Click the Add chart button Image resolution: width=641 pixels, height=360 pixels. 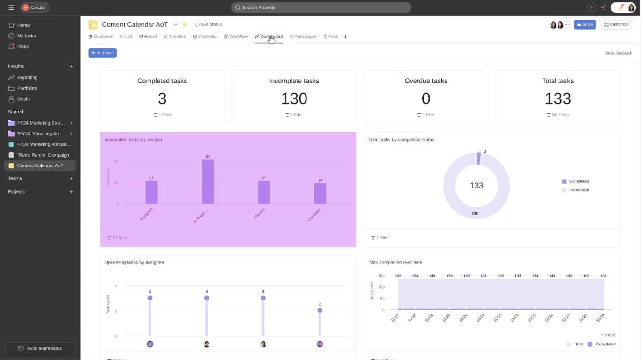coord(102,53)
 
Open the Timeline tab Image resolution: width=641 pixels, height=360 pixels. coord(175,37)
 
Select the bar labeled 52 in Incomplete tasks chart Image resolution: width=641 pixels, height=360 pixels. coord(208,182)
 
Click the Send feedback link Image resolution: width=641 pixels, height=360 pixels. coord(618,53)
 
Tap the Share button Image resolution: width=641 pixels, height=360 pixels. coord(585,24)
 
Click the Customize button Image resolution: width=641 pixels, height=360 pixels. coord(617,24)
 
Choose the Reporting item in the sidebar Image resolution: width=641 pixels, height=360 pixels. coord(27,77)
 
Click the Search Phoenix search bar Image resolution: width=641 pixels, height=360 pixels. coord(321,7)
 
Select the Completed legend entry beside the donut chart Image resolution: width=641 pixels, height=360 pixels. coord(578,181)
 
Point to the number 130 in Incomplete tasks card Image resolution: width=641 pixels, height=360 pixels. coord(294,98)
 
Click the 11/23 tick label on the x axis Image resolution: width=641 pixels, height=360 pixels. coord(497,318)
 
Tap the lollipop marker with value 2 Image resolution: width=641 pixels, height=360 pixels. coord(320,310)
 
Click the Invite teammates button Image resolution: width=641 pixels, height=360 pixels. coord(40,348)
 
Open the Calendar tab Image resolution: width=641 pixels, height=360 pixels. coord(205,37)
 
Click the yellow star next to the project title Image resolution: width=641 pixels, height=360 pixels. coord(185,24)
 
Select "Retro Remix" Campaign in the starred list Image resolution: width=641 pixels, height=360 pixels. coord(43,155)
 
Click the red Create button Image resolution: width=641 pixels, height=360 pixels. coord(34,7)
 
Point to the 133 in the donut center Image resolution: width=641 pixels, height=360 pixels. coord(477,186)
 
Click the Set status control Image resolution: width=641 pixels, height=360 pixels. coord(209,24)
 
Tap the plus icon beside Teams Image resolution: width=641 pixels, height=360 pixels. coord(71,178)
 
